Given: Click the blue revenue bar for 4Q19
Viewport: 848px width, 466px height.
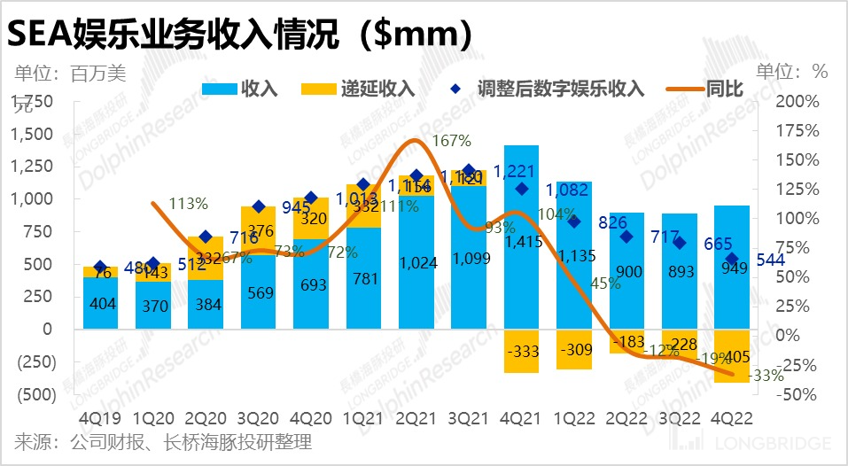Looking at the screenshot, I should pos(100,303).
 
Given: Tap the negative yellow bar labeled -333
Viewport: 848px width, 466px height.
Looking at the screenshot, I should pos(522,351).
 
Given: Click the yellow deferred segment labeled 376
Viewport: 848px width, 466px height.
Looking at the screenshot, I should pos(258,230).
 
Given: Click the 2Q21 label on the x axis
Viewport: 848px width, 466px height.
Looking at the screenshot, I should pos(416,416).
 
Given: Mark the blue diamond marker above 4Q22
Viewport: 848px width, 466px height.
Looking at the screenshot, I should pos(732,259).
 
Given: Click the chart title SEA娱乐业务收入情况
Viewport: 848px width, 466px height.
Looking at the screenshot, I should pos(239,33).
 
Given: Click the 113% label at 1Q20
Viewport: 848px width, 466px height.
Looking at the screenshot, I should pos(189,204).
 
